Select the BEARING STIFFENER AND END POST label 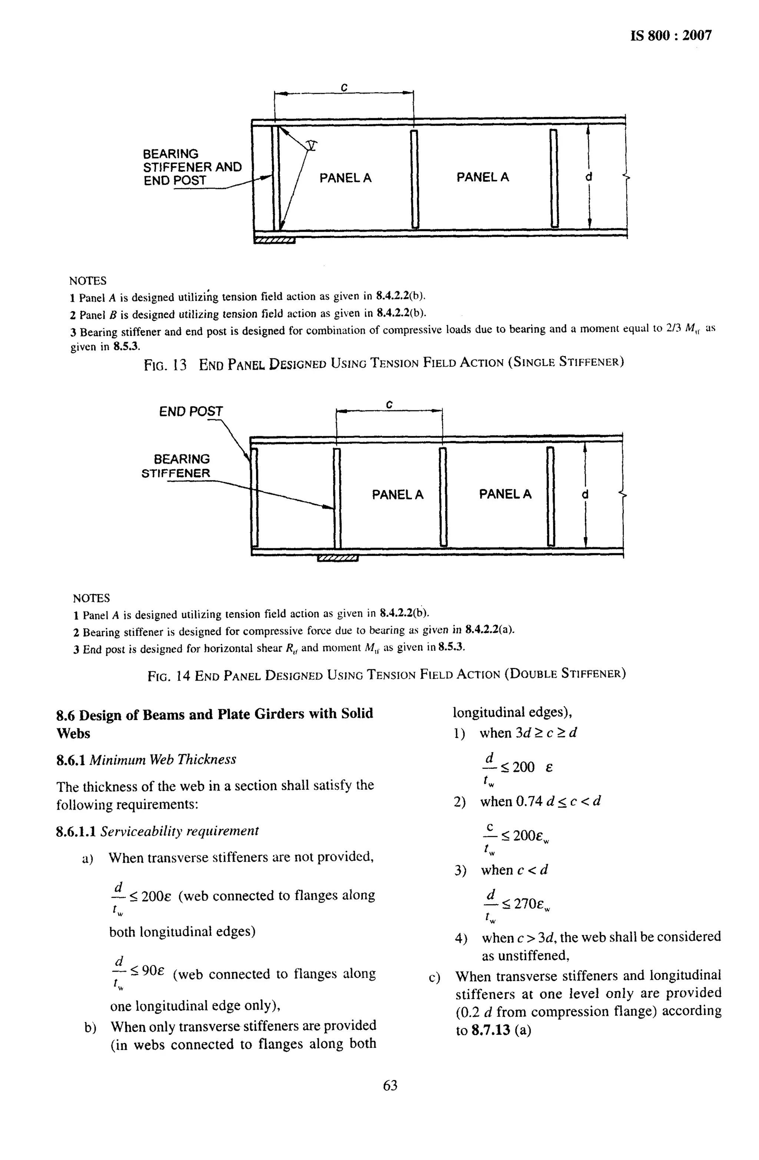[x=192, y=167]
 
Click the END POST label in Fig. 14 [x=190, y=412]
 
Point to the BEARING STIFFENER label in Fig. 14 [x=176, y=466]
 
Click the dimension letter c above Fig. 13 [x=344, y=88]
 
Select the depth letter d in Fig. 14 [x=585, y=494]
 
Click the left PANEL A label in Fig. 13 [x=345, y=178]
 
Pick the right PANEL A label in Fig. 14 [x=505, y=494]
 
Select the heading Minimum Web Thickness [x=163, y=759]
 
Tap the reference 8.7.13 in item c [x=491, y=1030]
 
